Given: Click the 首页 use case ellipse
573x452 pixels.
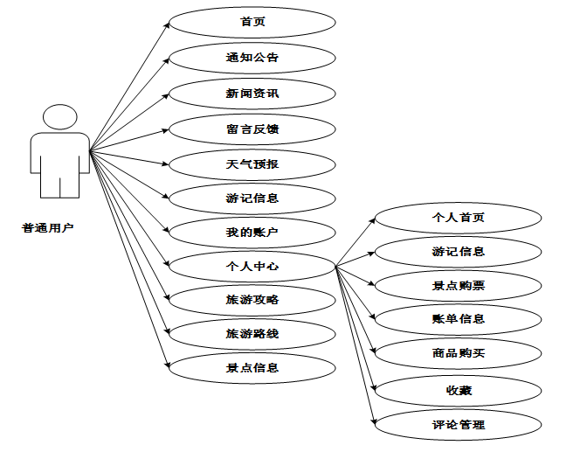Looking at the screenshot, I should (252, 22).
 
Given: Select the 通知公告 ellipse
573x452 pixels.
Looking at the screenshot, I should (252, 58).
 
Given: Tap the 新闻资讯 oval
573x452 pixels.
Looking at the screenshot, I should (252, 93).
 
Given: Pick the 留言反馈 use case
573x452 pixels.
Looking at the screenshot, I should (252, 129).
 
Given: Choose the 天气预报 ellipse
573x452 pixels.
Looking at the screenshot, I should (252, 163).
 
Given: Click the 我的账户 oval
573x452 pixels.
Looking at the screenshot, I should (252, 232).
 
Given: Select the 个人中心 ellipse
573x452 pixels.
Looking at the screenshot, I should (252, 266).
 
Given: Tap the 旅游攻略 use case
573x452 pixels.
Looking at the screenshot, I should (252, 299).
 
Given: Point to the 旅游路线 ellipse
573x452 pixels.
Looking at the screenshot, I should (252, 333).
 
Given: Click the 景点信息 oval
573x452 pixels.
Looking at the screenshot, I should (252, 367).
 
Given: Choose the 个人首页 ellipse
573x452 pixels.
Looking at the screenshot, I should (458, 218).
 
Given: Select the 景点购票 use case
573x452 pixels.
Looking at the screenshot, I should (458, 285).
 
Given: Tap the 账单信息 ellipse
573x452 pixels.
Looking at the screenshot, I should (458, 318).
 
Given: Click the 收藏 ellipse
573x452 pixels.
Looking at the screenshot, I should (458, 390).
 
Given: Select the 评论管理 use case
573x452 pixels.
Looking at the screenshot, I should (458, 425).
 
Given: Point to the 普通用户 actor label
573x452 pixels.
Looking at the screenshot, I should (48, 228).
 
